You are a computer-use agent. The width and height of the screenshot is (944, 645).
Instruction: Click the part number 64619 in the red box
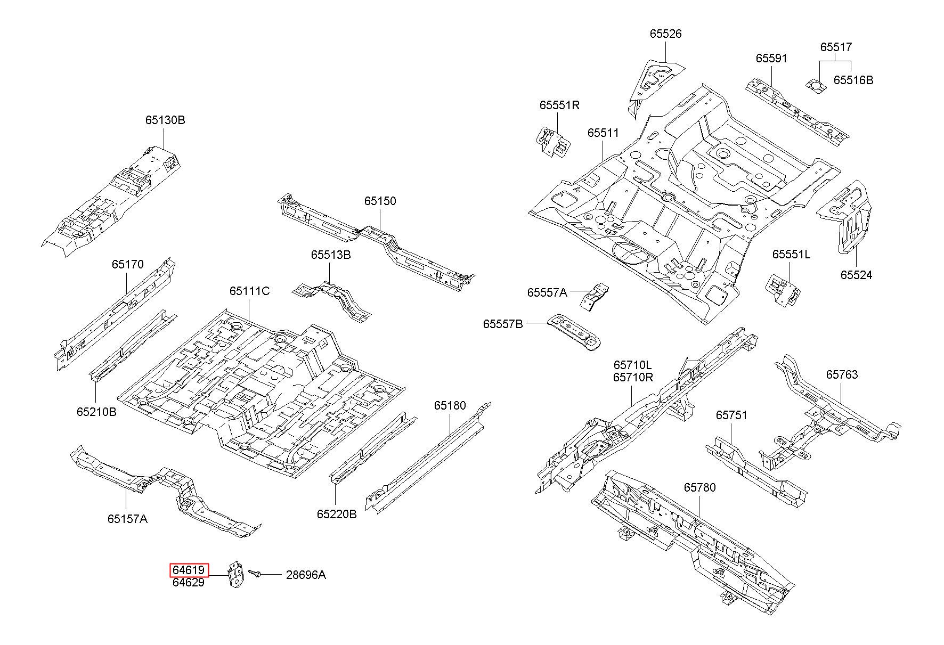pyautogui.click(x=189, y=570)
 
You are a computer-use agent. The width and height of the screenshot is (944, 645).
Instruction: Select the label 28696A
pyautogui.click(x=306, y=575)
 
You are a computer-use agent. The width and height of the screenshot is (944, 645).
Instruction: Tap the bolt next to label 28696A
pyautogui.click(x=255, y=574)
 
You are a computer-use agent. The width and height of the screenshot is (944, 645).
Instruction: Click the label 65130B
pyautogui.click(x=165, y=120)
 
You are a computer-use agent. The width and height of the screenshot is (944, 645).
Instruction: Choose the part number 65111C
pyautogui.click(x=249, y=291)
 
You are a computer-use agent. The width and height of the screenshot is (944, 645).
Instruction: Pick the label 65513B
pyautogui.click(x=331, y=255)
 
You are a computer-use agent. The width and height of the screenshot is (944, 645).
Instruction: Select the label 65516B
pyautogui.click(x=853, y=80)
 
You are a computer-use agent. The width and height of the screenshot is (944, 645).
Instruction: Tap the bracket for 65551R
pyautogui.click(x=553, y=142)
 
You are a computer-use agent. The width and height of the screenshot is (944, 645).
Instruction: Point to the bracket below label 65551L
pyautogui.click(x=783, y=290)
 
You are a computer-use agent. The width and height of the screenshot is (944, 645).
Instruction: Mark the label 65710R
pyautogui.click(x=633, y=377)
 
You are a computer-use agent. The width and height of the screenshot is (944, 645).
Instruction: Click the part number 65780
pyautogui.click(x=700, y=487)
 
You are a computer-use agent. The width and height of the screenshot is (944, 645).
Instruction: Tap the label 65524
pyautogui.click(x=857, y=275)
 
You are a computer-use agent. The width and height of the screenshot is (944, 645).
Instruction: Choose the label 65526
pyautogui.click(x=665, y=34)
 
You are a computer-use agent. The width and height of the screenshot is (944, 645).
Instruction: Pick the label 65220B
pyautogui.click(x=337, y=514)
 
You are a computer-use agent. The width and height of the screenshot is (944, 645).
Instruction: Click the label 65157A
pyautogui.click(x=127, y=518)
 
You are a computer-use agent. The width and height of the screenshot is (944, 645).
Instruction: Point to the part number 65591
pyautogui.click(x=771, y=58)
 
